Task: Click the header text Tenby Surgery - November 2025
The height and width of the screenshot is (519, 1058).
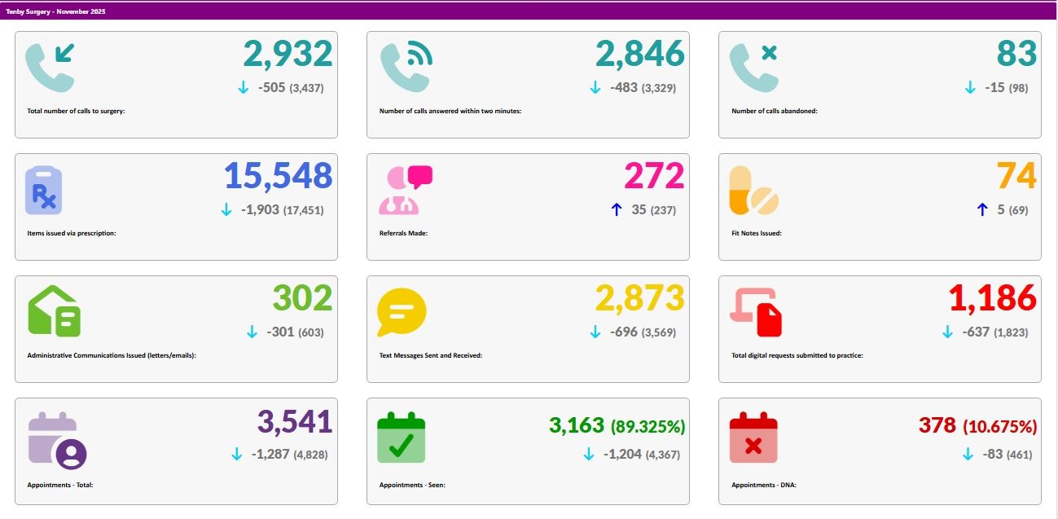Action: [x=55, y=12]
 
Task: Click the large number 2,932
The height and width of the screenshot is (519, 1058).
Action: [x=288, y=54]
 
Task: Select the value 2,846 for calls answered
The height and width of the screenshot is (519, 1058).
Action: [x=639, y=54]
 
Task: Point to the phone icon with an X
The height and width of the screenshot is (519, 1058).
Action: [x=753, y=66]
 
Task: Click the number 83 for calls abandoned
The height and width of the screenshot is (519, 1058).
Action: [x=1016, y=54]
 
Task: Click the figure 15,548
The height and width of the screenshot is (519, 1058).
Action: [x=278, y=176]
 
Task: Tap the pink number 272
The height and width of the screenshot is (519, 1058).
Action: [x=654, y=176]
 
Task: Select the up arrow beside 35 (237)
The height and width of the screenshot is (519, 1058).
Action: [x=617, y=210]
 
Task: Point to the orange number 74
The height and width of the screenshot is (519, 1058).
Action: [x=1016, y=176]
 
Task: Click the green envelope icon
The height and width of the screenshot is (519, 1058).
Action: [x=55, y=311]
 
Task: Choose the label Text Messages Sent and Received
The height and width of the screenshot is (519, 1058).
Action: [x=431, y=355]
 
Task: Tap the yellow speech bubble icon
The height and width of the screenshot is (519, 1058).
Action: [x=402, y=312]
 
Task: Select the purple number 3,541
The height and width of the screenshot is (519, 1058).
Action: [x=295, y=422]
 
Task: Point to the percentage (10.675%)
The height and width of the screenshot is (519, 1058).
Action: [x=999, y=426]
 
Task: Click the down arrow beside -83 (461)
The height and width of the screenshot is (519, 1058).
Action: [x=968, y=455]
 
